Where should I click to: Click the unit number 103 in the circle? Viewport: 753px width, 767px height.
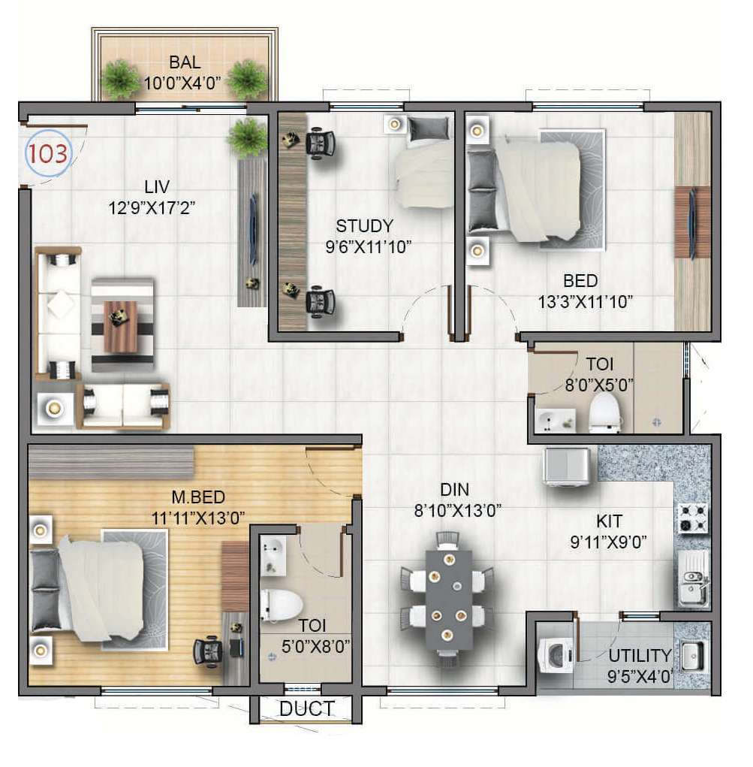coord(47,153)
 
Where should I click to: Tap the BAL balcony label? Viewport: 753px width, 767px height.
coord(185,62)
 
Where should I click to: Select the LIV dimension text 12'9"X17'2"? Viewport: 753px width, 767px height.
coord(152,208)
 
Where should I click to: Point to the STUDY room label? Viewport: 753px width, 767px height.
coord(364,225)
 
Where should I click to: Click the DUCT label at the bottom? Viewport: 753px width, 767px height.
coord(307,708)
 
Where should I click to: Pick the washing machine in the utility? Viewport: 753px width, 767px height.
coord(556,656)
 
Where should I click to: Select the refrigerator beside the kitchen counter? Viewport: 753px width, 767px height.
coord(568,467)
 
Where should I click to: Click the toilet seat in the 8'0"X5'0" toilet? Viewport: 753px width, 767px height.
coord(605,414)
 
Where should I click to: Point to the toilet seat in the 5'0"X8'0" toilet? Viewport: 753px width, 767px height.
coord(280,605)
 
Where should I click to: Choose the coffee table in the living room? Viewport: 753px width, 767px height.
coord(122,326)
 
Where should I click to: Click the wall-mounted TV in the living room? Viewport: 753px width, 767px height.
coord(253,229)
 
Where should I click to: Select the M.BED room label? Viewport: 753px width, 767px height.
coord(198,497)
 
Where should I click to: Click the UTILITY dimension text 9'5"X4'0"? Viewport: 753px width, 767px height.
coord(640,677)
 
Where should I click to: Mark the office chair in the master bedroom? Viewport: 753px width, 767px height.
coord(208,651)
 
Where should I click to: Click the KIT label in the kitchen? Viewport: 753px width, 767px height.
coord(609,521)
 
